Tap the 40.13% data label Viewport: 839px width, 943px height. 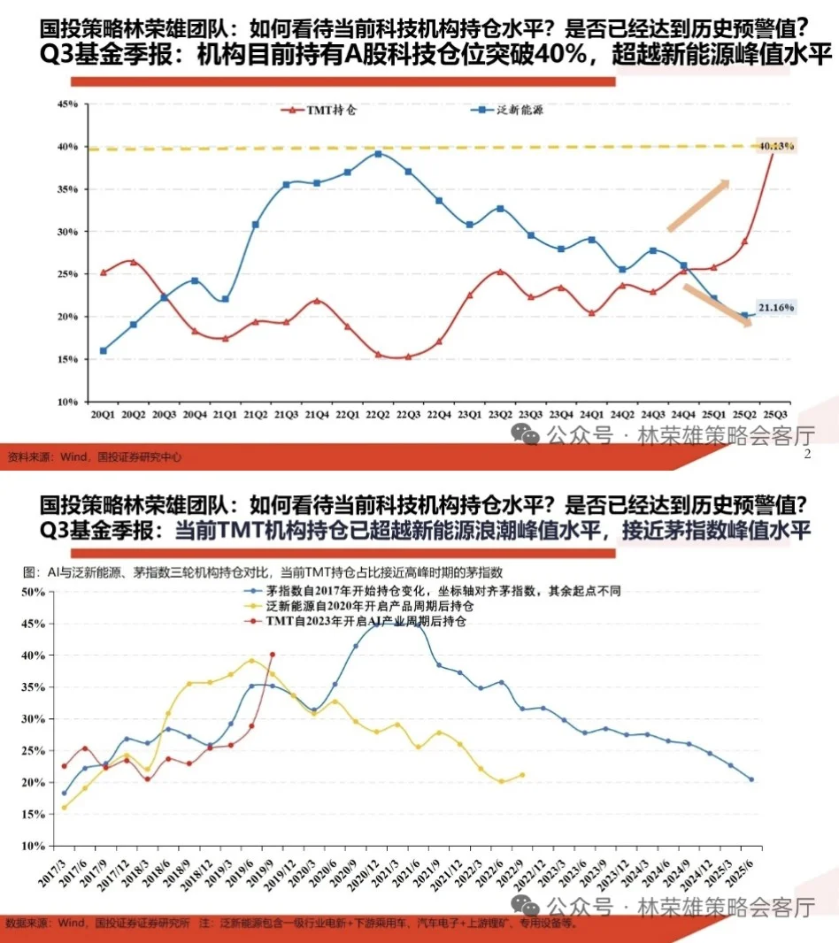click(x=775, y=146)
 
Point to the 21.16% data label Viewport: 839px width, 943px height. click(x=776, y=308)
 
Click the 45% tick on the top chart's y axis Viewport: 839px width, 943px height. click(x=67, y=104)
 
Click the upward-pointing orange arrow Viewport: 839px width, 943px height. click(x=699, y=203)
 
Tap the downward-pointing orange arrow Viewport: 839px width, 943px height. click(x=720, y=305)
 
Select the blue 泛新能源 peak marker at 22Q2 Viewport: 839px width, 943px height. click(x=378, y=154)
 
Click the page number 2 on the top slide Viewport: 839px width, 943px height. click(x=806, y=455)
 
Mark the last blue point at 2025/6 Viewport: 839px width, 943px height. click(x=751, y=779)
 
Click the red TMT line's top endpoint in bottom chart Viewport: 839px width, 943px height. click(x=273, y=655)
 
